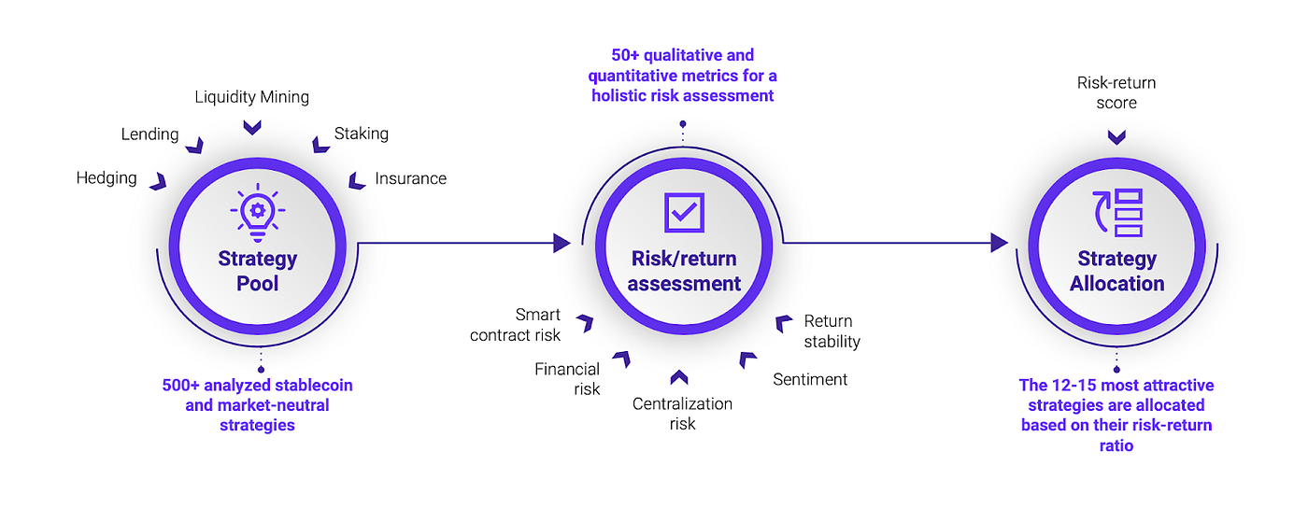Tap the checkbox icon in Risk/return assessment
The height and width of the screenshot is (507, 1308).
[684, 212]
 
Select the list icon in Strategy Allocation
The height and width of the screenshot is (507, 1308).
[1117, 211]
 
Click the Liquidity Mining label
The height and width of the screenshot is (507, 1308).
[252, 96]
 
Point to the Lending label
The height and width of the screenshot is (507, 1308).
[149, 134]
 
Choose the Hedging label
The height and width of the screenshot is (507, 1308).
[107, 177]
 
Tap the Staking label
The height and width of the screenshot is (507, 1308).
[361, 134]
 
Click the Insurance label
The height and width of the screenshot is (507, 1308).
[410, 177]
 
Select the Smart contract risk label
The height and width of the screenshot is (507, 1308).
[516, 325]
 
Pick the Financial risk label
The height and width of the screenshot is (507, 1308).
[567, 379]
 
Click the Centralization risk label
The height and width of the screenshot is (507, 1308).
[682, 414]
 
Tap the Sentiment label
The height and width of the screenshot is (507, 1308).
[810, 379]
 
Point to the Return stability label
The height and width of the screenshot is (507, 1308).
[832, 331]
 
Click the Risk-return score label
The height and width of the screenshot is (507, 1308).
[1116, 92]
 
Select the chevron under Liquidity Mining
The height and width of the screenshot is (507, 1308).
[252, 126]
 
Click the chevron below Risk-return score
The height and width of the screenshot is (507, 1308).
[1116, 137]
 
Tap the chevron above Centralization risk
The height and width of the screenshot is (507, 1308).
[679, 377]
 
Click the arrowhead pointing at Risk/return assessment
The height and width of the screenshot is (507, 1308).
[562, 243]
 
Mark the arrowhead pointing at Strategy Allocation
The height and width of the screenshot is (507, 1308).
[999, 243]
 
